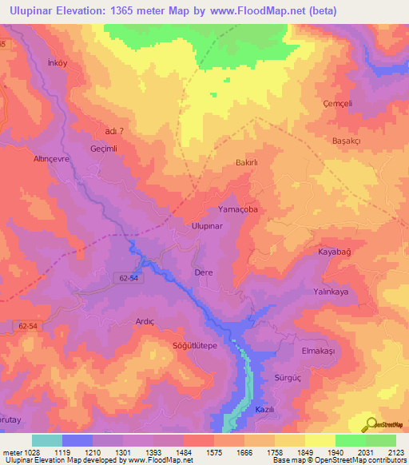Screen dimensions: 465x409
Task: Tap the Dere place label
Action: [x=204, y=272]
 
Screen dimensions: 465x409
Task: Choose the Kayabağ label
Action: [x=336, y=251]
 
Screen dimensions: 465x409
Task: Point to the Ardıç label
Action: [x=145, y=321]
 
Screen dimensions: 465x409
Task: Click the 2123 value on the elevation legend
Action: [x=394, y=453]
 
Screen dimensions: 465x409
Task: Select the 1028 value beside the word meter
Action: [x=33, y=453]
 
